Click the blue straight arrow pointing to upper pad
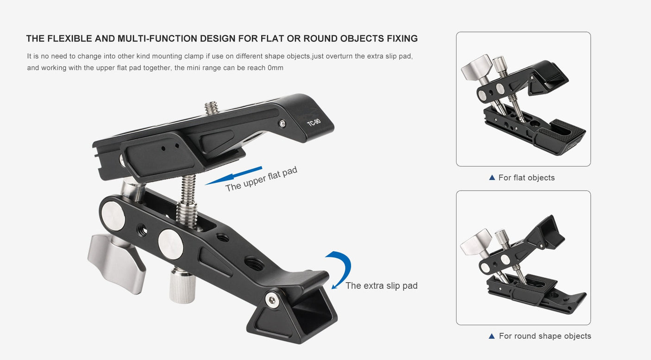click(234, 176)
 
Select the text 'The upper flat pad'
click(261, 179)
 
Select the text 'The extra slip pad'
click(382, 286)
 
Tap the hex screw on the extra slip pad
click(272, 300)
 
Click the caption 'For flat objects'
click(526, 178)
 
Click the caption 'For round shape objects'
click(545, 336)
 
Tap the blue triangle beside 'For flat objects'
click(492, 177)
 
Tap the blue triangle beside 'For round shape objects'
click(492, 336)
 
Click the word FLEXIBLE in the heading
click(69, 38)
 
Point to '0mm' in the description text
click(275, 68)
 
